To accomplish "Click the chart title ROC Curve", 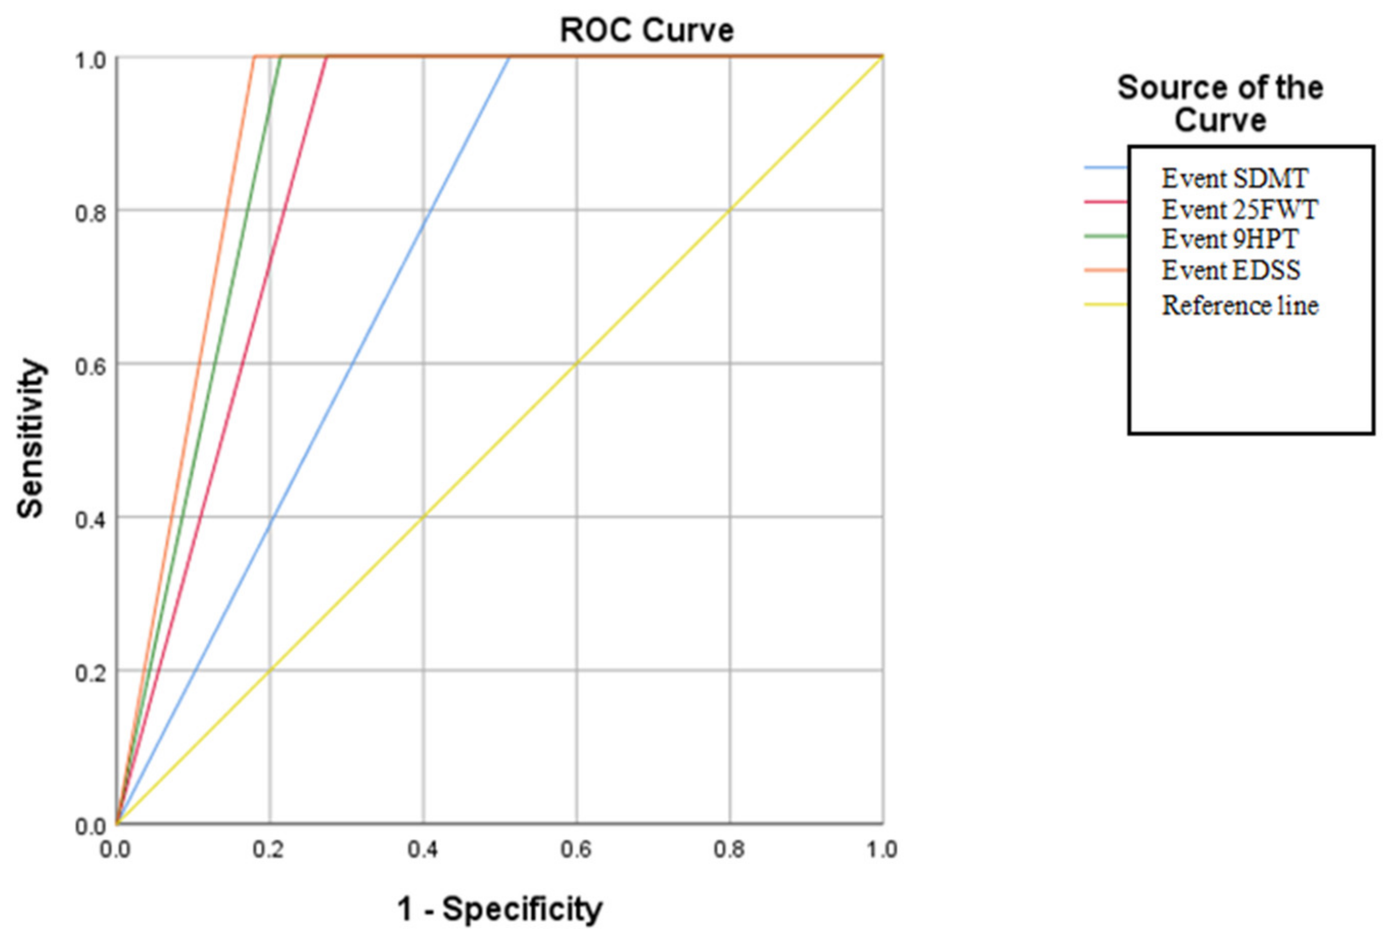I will tap(646, 30).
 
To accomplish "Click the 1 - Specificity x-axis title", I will tap(500, 909).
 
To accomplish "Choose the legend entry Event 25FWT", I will tap(1240, 209).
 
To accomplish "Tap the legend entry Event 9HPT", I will tap(1230, 239).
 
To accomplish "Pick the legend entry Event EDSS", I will tap(1231, 270).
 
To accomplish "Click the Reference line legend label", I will tap(1240, 305).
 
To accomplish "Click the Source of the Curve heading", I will tap(1220, 104).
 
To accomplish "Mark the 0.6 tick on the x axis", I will tap(576, 850).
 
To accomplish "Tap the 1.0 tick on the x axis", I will tap(881, 850).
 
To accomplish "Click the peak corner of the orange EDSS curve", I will tap(254, 57).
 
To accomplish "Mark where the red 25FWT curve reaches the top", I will tap(327, 57).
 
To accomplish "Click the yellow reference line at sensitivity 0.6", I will tap(577, 363).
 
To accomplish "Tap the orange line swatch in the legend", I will tap(1106, 271).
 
